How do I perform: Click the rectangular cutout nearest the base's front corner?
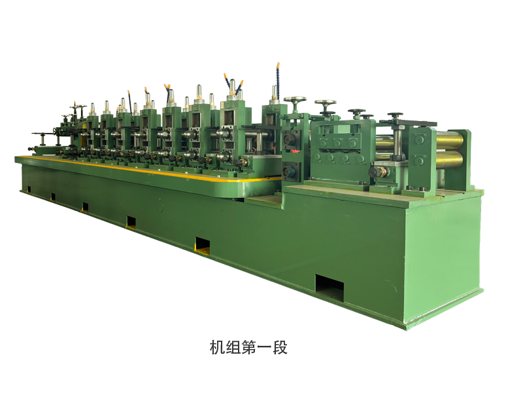click(x=329, y=286)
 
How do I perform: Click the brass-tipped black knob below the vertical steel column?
click(x=379, y=172)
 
